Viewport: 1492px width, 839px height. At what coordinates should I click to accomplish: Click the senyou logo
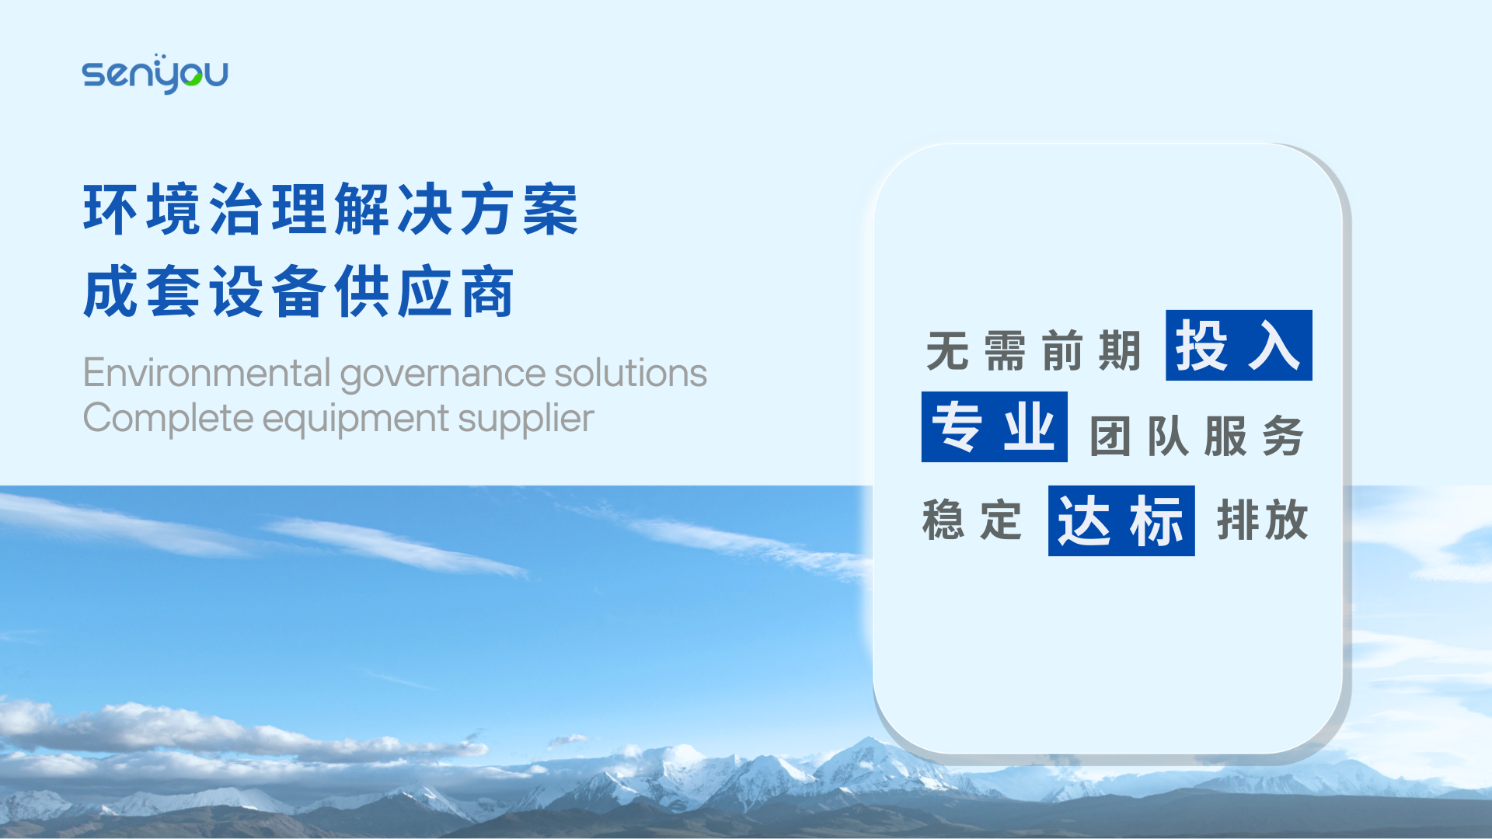pos(155,74)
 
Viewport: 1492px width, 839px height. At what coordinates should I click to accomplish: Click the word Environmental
pos(207,373)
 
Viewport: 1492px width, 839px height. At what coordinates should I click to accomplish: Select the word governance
pos(443,375)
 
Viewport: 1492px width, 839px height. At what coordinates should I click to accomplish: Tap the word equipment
pos(355,420)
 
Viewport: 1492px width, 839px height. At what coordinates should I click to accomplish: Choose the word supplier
pos(525,419)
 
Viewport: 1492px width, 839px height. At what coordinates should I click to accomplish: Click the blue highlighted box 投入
pos(1239,346)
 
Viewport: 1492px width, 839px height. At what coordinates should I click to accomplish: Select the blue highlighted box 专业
pos(994,426)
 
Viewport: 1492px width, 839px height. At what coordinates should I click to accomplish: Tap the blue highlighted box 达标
pos(1121,520)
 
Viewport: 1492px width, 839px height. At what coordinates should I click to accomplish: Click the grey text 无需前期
pos(1034,350)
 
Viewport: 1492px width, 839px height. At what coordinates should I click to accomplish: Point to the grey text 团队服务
pos(1197,436)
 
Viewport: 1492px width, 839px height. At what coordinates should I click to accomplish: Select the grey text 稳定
pos(972,520)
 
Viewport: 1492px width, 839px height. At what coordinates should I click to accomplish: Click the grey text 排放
pos(1263,520)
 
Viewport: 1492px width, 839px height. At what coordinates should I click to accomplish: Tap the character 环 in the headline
pos(110,209)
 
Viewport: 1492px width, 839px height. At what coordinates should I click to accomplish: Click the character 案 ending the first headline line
pos(551,209)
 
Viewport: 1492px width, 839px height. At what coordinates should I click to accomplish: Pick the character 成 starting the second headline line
pos(110,291)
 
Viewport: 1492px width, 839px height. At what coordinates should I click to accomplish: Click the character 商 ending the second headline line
pos(488,291)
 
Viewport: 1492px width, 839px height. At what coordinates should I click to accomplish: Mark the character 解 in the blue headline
pos(362,209)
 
